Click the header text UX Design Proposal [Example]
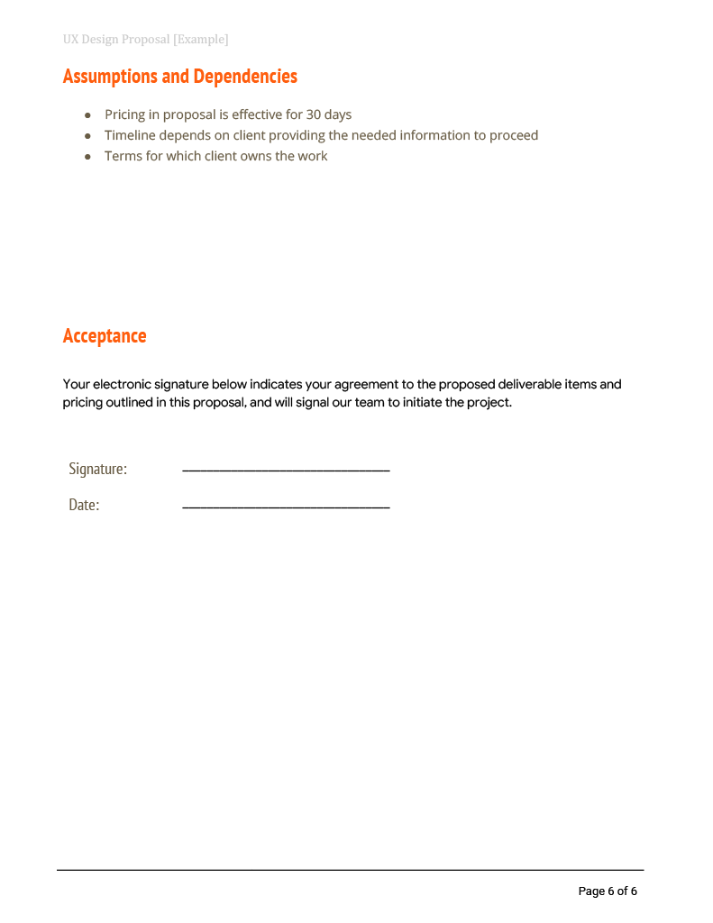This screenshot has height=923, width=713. tap(145, 40)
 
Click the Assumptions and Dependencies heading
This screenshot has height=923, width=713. tap(179, 77)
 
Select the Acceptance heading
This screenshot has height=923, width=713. tap(105, 336)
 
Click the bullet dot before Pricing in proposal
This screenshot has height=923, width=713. tap(87, 115)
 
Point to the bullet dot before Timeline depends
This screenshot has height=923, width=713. tap(87, 136)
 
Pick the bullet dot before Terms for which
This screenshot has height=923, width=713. tap(87, 157)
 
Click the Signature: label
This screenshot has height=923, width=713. tap(97, 469)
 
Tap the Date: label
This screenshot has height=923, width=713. tap(84, 505)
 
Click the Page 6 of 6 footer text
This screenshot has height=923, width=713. tap(608, 891)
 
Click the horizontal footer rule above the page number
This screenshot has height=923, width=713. tap(350, 870)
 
